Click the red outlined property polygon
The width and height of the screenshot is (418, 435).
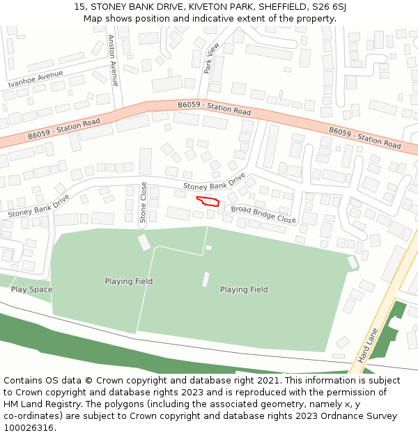tap(208, 202)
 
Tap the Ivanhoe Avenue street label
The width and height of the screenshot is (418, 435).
tap(36, 79)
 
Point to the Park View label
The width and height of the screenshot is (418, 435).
tap(211, 58)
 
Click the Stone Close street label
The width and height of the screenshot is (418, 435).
tap(144, 203)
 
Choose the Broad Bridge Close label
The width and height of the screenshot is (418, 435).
tap(263, 214)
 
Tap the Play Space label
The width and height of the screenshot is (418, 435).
tap(31, 290)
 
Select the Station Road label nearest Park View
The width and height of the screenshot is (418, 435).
tap(214, 108)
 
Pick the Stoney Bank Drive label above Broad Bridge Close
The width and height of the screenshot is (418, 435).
tap(215, 182)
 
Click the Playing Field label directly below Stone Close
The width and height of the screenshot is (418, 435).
tap(129, 281)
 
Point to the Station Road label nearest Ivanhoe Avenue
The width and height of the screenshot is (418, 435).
tap(64, 129)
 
